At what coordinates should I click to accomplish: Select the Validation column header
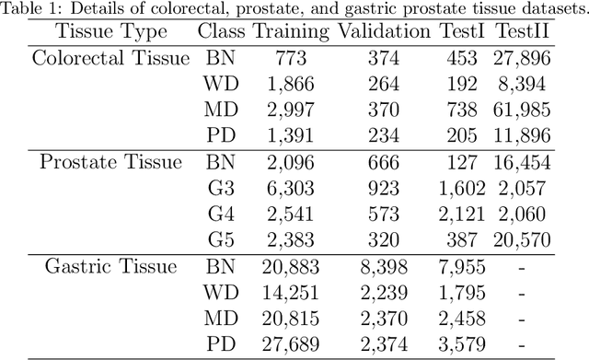[382, 32]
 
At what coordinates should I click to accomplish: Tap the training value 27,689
[290, 346]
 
